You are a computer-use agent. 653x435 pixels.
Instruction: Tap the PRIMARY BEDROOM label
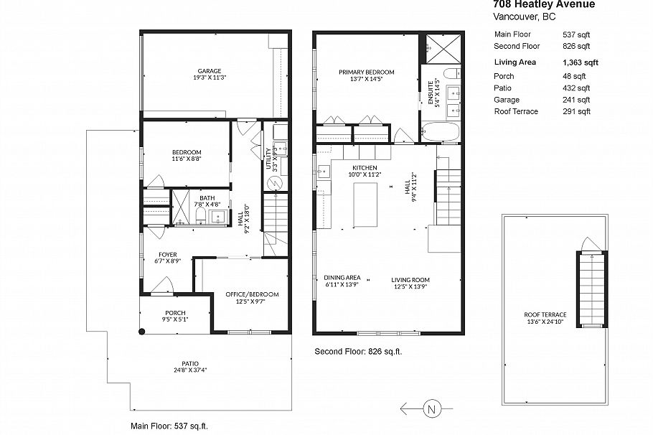[367, 72]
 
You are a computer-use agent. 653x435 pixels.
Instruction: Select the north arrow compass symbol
[431, 410]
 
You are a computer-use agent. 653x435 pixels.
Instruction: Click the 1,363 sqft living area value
[581, 62]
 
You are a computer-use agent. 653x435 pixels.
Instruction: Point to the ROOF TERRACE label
[545, 314]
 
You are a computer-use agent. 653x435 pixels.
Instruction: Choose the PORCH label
[175, 313]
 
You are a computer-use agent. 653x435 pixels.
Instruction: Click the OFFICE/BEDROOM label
[252, 294]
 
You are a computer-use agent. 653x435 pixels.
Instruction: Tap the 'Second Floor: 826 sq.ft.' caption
[359, 352]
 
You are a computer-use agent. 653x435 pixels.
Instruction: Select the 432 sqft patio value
[576, 88]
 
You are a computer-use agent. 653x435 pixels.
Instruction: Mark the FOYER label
[168, 255]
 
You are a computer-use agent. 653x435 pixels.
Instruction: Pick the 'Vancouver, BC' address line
[518, 16]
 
